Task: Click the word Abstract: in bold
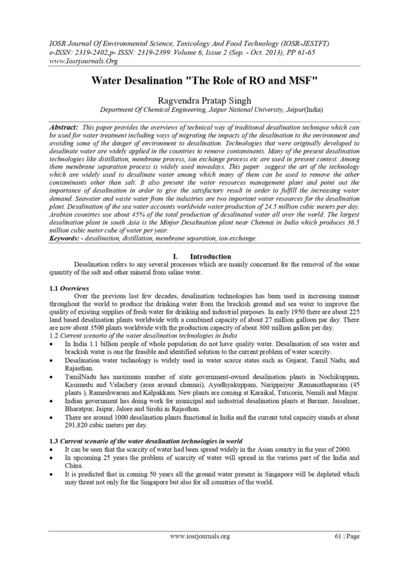pos(64,128)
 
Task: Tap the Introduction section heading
pos(210,256)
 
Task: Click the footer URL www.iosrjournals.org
pos(200,536)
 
